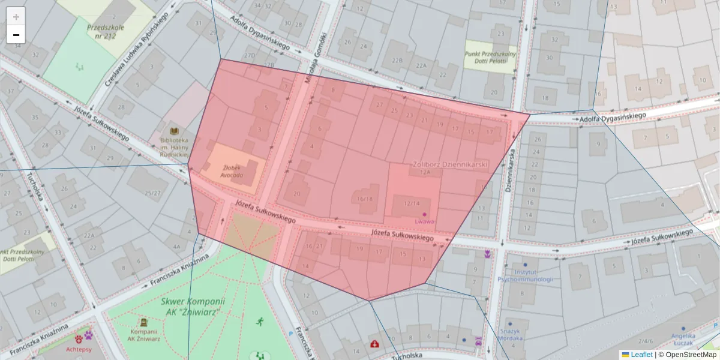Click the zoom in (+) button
16,17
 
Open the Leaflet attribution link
641,355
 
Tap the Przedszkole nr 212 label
105,31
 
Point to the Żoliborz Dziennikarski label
451,164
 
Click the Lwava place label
424,221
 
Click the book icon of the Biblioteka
175,131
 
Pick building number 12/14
412,203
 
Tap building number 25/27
153,193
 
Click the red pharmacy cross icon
375,344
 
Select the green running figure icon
260,322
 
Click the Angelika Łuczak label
683,340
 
